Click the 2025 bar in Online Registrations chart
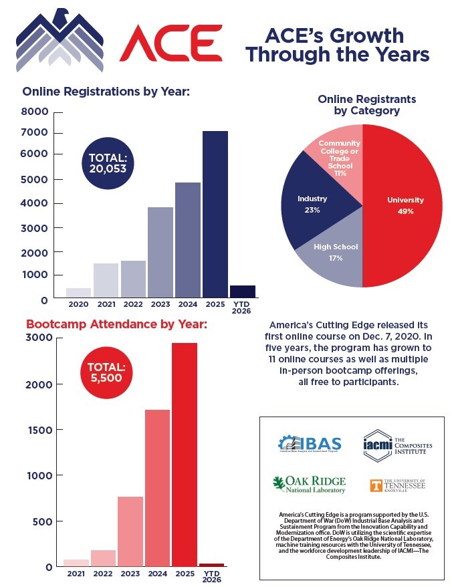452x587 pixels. [x=215, y=214]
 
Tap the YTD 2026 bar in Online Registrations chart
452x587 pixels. [x=243, y=291]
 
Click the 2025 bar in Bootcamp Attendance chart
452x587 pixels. [x=185, y=455]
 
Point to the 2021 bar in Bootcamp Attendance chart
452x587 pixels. [x=76, y=563]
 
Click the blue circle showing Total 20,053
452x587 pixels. [x=108, y=163]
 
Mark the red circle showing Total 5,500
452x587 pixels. [x=108, y=372]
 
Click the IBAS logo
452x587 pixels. [x=310, y=444]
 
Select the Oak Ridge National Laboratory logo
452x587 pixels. [x=308, y=484]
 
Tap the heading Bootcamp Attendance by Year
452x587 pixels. [x=117, y=325]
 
